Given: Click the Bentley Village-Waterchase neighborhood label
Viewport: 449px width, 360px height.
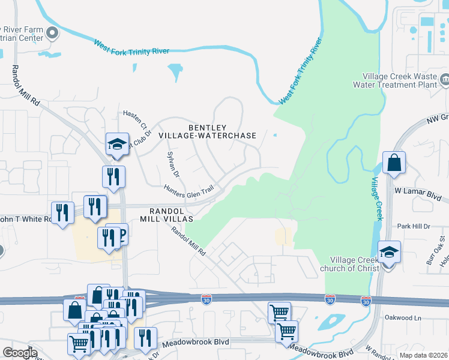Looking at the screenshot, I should [x=207, y=131].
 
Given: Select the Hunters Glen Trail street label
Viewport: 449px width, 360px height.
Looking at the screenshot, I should [x=188, y=189].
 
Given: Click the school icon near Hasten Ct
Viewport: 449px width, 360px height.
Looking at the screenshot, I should [x=118, y=144].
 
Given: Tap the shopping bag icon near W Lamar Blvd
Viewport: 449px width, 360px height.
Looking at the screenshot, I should [x=394, y=163].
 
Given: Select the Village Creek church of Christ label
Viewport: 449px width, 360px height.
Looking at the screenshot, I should [x=355, y=264].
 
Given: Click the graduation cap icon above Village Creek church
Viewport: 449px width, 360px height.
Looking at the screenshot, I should [x=389, y=253].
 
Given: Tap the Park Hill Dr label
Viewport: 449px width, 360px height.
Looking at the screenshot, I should [x=414, y=226].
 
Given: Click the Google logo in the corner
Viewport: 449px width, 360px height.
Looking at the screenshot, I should [x=20, y=353].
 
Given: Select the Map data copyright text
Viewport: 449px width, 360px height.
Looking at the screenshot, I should [x=423, y=355].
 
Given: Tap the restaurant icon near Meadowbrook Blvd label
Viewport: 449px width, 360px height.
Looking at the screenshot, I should [x=145, y=338].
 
